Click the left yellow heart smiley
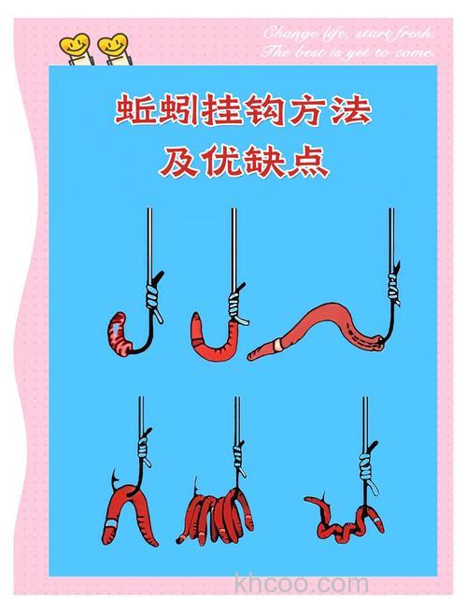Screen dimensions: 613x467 coord(72,45)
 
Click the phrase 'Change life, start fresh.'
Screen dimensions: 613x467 coord(347,34)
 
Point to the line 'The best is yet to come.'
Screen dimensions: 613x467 coord(347,53)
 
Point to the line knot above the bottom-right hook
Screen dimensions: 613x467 coord(365,460)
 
